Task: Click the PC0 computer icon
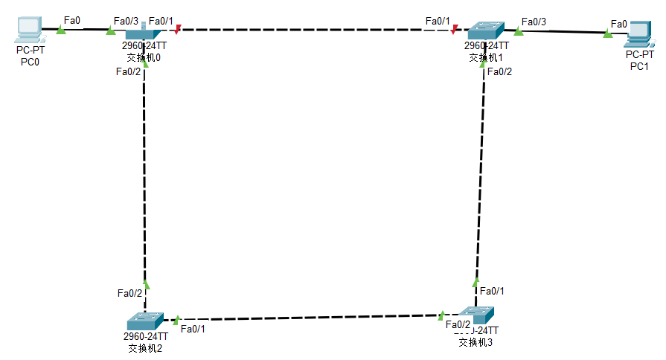[x=28, y=29]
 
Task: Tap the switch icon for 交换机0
[x=144, y=32]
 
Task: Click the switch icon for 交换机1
[x=485, y=30]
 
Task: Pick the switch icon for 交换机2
[x=144, y=321]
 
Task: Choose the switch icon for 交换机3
[x=475, y=315]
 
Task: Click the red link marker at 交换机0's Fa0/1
[x=177, y=30]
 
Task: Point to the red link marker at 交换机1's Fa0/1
[x=454, y=30]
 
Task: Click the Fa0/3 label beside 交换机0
[x=126, y=21]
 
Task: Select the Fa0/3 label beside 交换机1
[x=534, y=22]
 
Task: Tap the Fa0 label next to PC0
[x=72, y=19]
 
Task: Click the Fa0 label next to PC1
[x=618, y=24]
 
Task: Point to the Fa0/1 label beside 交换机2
[x=193, y=329]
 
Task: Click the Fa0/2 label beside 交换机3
[x=458, y=324]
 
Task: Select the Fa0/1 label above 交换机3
[x=492, y=291]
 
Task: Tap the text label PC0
[x=30, y=62]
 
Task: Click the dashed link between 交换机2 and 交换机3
[x=309, y=318]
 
